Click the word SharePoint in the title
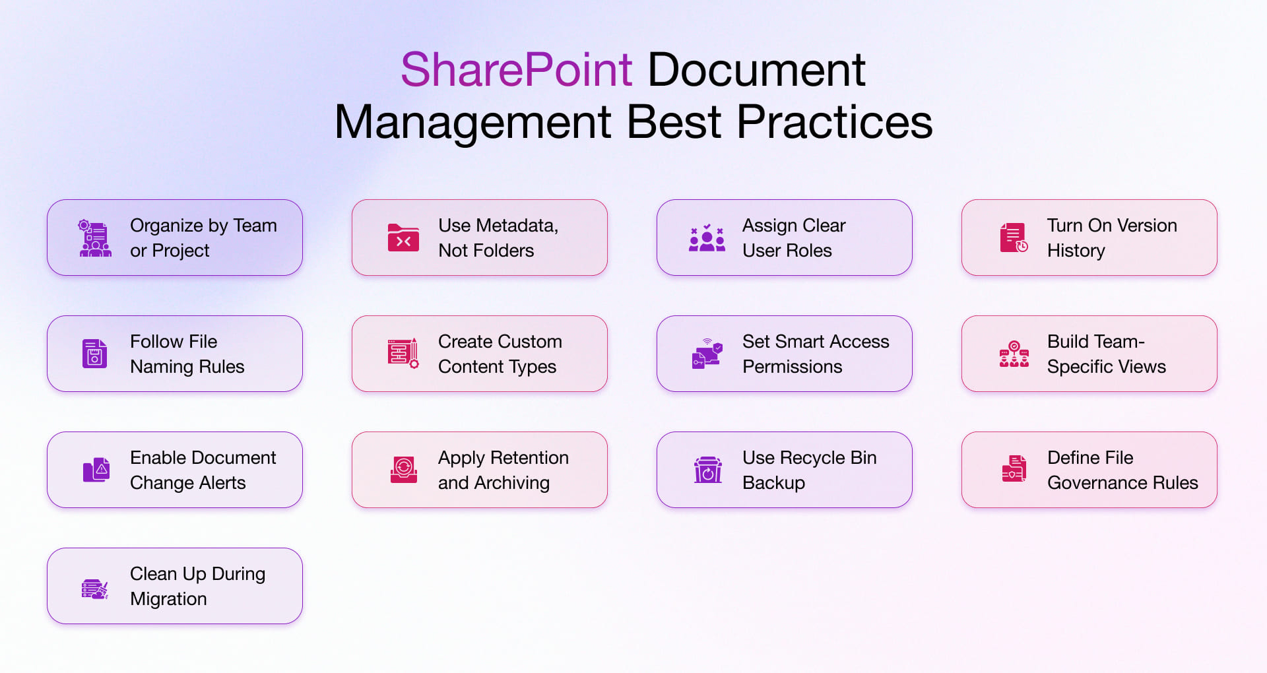tap(516, 70)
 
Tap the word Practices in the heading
tap(834, 123)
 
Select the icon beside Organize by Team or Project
tap(95, 238)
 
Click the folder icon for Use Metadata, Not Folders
tap(403, 238)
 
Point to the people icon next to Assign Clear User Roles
tap(707, 238)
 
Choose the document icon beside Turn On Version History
tap(1014, 238)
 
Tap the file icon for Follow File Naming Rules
tap(94, 354)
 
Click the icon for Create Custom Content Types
tap(403, 354)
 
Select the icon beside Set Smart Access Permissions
tap(707, 354)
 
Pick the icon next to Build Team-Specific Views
tap(1014, 354)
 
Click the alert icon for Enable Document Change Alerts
tap(96, 470)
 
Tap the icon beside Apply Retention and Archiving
tap(403, 470)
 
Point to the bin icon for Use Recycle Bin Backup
tap(707, 470)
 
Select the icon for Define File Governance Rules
tap(1014, 469)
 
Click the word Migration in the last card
tap(168, 599)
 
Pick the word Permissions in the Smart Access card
tap(792, 367)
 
